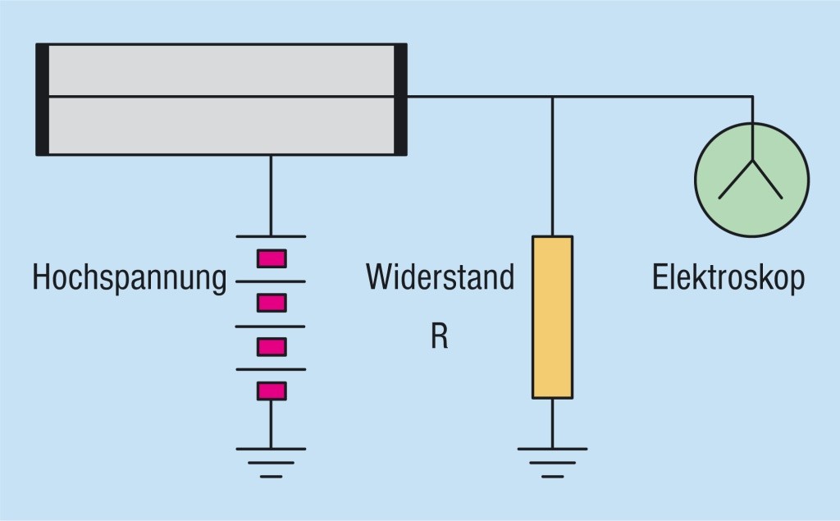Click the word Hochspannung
pyautogui.click(x=129, y=278)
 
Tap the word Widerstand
pyautogui.click(x=440, y=277)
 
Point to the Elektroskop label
pyautogui.click(x=728, y=277)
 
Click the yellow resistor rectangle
pyautogui.click(x=552, y=317)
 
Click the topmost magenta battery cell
pyautogui.click(x=271, y=259)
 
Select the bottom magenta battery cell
pyautogui.click(x=271, y=391)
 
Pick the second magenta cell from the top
pyautogui.click(x=271, y=304)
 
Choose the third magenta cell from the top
pyautogui.click(x=271, y=347)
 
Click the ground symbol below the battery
pyautogui.click(x=271, y=461)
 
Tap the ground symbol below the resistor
pyautogui.click(x=552, y=461)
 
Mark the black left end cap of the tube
pyautogui.click(x=43, y=99)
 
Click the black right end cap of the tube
pyautogui.click(x=400, y=99)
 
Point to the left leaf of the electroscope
pyautogui.click(x=735, y=181)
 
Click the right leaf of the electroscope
pyautogui.click(x=769, y=181)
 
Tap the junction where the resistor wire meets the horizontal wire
pyautogui.click(x=552, y=97)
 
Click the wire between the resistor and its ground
pyautogui.click(x=552, y=423)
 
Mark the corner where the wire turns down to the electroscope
pyautogui.click(x=751, y=97)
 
